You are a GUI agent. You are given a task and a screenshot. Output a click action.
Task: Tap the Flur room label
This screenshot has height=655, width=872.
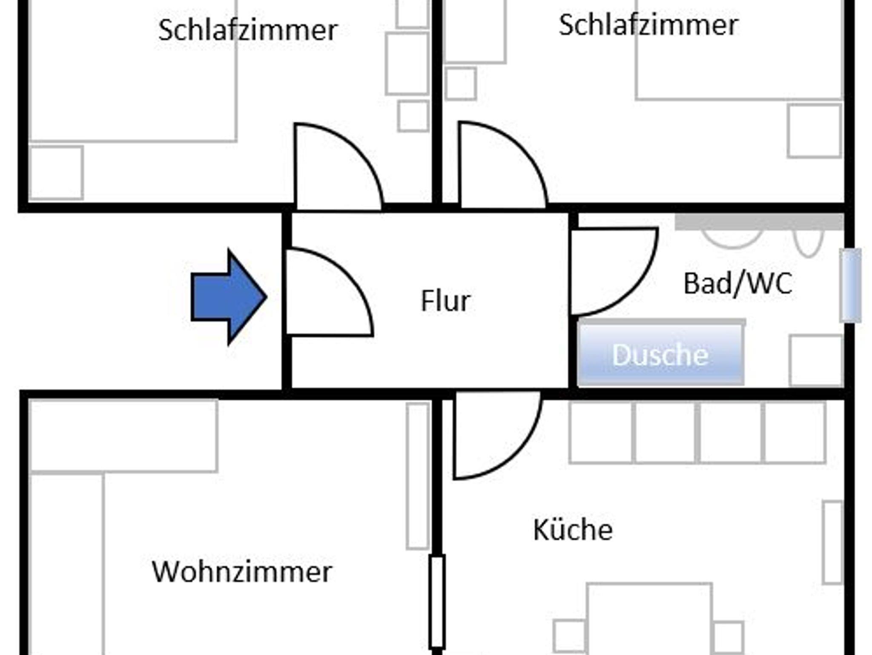pos(445,301)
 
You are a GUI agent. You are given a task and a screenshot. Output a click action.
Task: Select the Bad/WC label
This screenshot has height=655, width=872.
pos(737,284)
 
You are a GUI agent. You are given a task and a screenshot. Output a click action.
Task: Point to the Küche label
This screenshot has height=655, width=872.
pos(573,530)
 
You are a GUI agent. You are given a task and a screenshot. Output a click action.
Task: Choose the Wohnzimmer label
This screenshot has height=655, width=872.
pos(242,572)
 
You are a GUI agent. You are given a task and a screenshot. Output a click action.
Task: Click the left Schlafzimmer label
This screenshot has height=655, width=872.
pos(248,30)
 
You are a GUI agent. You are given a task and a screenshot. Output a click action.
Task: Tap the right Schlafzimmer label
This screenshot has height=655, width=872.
pos(648,25)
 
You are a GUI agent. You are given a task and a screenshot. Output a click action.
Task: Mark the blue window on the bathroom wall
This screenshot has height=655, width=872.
pos(850,285)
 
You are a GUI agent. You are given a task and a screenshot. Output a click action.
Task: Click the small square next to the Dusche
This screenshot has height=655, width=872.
pos(815,360)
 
